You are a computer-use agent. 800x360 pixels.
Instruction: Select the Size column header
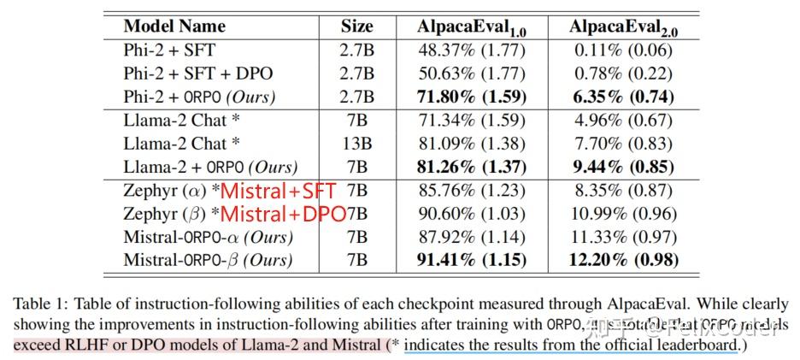(x=356, y=26)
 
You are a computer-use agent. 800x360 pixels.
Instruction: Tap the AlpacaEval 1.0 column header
(x=472, y=27)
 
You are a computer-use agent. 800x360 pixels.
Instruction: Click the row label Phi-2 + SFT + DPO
(x=198, y=73)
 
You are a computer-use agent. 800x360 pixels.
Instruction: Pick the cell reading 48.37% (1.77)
(x=472, y=50)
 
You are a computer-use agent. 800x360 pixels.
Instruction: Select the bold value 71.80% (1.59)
(x=472, y=95)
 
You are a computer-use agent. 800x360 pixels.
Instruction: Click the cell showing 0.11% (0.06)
(x=622, y=50)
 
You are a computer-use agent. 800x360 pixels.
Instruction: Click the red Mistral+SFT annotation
(x=279, y=191)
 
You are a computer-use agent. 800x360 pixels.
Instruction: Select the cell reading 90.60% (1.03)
(x=472, y=214)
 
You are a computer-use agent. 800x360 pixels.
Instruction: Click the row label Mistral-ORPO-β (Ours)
(x=208, y=260)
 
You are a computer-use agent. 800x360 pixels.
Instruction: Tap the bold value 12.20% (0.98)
(x=622, y=260)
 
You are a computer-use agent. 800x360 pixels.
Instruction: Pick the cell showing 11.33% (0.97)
(x=622, y=237)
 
